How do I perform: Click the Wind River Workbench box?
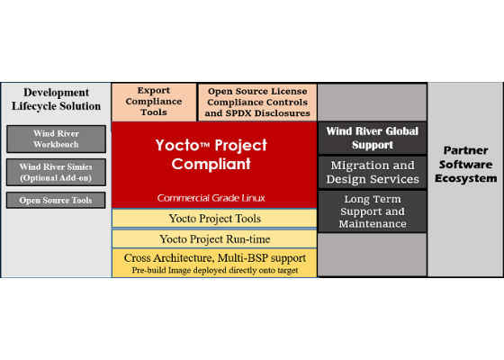pyautogui.click(x=56, y=139)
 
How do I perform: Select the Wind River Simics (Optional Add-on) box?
pyautogui.click(x=56, y=172)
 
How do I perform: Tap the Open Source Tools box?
pyautogui.click(x=56, y=200)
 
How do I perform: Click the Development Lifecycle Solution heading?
pyautogui.click(x=56, y=99)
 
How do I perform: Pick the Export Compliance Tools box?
pyautogui.click(x=154, y=102)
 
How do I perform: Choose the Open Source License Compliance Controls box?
pyautogui.click(x=257, y=103)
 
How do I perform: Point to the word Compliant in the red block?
pyautogui.click(x=211, y=164)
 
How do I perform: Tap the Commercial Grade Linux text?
pyautogui.click(x=211, y=198)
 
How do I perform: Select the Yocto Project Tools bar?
pyautogui.click(x=214, y=219)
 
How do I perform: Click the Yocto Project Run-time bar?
pyautogui.click(x=214, y=239)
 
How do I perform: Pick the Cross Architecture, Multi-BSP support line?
pyautogui.click(x=215, y=258)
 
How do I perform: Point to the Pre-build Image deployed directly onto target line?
pyautogui.click(x=215, y=270)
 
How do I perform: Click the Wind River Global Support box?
pyautogui.click(x=373, y=138)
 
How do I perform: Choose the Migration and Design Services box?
pyautogui.click(x=373, y=172)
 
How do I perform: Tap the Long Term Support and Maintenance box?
pyautogui.click(x=373, y=211)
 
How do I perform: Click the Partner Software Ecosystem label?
pyautogui.click(x=466, y=164)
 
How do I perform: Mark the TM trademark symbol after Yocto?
pyautogui.click(x=205, y=145)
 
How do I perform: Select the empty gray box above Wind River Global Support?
pyautogui.click(x=373, y=102)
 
